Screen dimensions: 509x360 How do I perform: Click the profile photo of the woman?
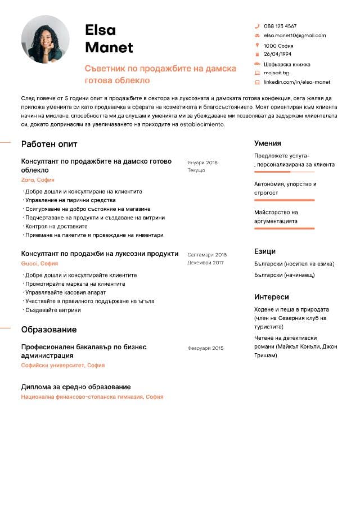[x=45, y=39]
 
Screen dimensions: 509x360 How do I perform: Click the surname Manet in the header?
[x=109, y=47]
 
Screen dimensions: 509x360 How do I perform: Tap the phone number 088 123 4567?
[x=280, y=26]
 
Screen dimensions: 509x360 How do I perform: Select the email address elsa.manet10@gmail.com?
[x=295, y=35]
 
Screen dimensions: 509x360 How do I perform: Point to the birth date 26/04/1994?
[x=277, y=54]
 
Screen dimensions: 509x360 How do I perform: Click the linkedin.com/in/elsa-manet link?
[x=297, y=82]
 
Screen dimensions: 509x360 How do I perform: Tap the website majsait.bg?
[x=276, y=73]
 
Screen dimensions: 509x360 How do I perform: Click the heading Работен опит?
[x=49, y=144]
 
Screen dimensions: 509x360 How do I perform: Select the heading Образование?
[x=49, y=330]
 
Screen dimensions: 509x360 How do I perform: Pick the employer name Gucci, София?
[x=39, y=263]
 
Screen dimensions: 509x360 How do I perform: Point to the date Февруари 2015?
[x=205, y=348]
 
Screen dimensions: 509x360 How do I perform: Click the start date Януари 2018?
[x=202, y=163]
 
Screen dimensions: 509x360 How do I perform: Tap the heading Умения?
[x=267, y=143]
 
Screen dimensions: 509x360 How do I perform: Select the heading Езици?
[x=264, y=251]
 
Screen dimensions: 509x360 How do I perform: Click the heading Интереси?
[x=271, y=297]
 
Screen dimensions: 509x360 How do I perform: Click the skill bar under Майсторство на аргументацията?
[x=284, y=228]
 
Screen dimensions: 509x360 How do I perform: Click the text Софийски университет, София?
[x=62, y=366]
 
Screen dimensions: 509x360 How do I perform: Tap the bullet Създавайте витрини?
[x=53, y=310]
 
